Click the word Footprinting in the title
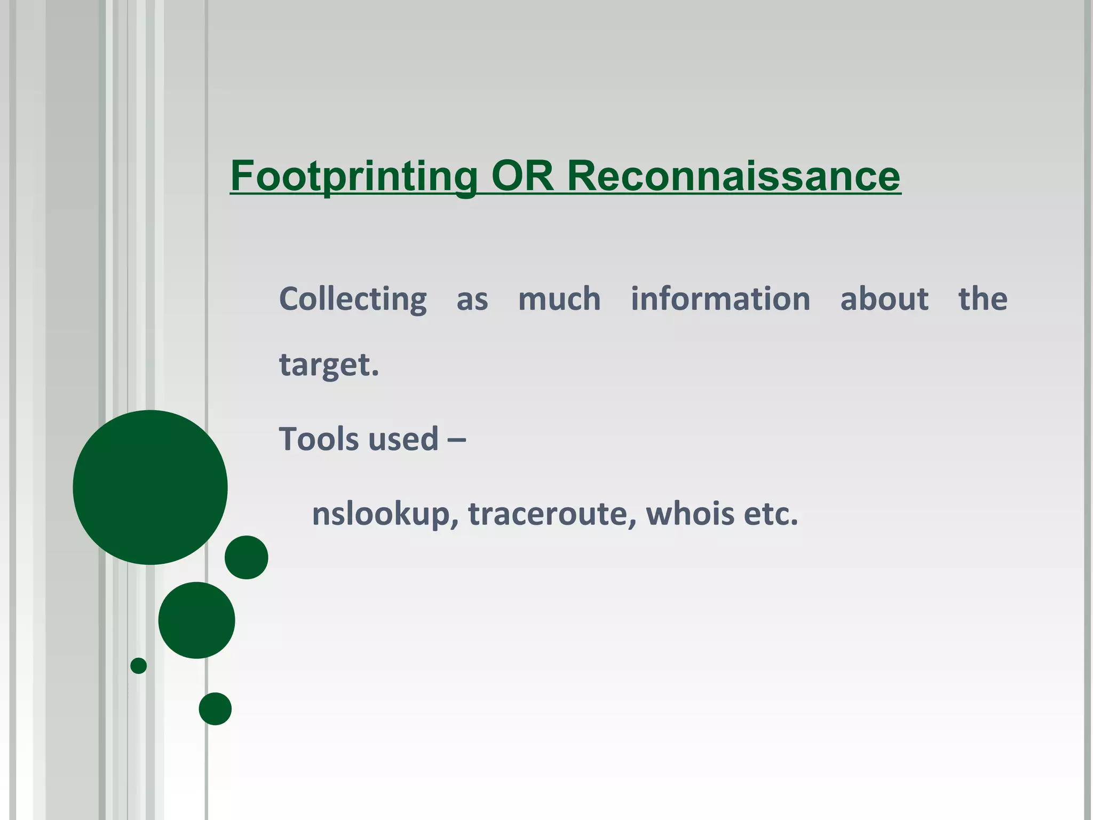[x=354, y=176]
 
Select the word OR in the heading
[x=522, y=176]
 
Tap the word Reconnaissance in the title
[x=733, y=176]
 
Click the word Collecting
[x=353, y=299]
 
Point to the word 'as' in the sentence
[x=472, y=300]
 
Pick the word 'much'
[x=559, y=299]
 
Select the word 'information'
[x=720, y=299]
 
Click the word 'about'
[x=884, y=299]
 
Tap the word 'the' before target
[x=983, y=299]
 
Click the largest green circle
[x=151, y=487]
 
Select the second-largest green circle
[x=196, y=620]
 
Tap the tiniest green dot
[x=139, y=666]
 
